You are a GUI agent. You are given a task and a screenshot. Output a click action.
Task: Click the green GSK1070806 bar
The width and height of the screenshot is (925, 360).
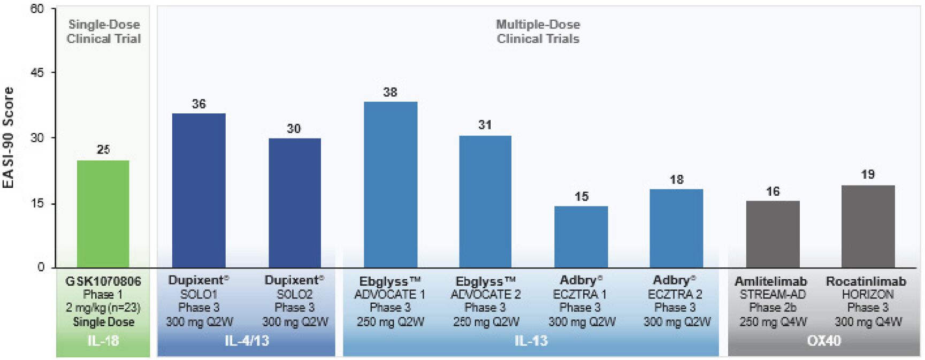click(103, 214)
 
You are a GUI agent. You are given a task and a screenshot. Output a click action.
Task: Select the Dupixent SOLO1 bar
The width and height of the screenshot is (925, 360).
click(198, 190)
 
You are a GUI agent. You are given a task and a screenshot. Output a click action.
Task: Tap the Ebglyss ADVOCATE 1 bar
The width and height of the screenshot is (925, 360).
click(391, 185)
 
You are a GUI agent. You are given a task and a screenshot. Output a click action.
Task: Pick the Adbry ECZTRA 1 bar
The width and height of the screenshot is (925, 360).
click(581, 236)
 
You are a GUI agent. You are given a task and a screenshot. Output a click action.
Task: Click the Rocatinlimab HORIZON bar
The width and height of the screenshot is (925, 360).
click(868, 226)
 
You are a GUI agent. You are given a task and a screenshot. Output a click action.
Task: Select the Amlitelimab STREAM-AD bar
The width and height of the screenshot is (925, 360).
click(773, 234)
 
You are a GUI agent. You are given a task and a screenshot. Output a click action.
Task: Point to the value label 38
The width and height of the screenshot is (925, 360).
click(391, 92)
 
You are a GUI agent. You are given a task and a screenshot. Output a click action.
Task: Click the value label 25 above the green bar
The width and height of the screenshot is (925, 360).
click(103, 150)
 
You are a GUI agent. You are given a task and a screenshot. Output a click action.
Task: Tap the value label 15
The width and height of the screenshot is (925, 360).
click(582, 196)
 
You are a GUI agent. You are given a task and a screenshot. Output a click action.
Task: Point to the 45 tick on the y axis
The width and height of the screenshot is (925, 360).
click(37, 73)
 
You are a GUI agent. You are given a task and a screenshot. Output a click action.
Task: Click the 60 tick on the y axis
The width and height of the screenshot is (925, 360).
click(37, 9)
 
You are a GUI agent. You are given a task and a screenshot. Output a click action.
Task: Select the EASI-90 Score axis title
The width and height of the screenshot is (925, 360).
click(9, 137)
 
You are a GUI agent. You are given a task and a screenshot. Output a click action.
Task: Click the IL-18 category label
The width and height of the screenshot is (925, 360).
click(103, 341)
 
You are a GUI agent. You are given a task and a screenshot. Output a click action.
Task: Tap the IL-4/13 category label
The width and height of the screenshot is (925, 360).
click(247, 341)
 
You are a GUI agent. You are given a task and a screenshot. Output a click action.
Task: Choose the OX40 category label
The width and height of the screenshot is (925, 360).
click(824, 341)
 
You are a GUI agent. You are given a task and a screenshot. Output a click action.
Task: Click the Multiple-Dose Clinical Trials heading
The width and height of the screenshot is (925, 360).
click(538, 32)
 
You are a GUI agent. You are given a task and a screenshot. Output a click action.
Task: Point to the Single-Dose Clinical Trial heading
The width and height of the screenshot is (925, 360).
click(103, 32)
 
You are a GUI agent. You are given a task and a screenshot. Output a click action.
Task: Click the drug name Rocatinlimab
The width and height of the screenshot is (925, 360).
click(866, 281)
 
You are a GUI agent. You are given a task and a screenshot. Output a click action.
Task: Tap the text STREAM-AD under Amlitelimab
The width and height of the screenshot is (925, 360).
click(773, 294)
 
